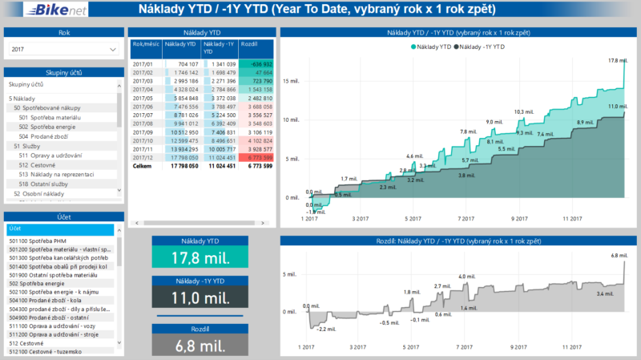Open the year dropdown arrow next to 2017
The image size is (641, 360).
[x=111, y=50]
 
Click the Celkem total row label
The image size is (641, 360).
[x=141, y=166]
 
